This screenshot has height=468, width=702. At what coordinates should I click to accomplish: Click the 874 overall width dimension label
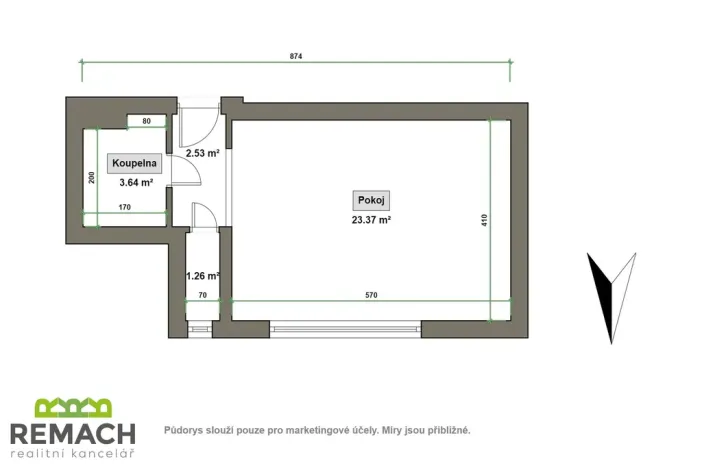click(296, 57)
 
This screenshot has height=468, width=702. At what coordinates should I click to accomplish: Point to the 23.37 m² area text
click(369, 219)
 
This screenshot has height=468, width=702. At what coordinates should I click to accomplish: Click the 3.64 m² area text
click(135, 182)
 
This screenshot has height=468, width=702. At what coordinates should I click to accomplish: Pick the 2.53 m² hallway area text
click(202, 153)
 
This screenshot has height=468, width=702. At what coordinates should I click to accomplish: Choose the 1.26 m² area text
click(202, 275)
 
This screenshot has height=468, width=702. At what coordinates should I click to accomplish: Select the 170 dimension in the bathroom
click(125, 208)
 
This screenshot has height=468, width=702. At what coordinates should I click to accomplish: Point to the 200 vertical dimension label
click(91, 178)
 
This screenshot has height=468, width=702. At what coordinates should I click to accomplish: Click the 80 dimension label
click(146, 121)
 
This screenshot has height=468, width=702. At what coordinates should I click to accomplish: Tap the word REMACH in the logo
click(72, 433)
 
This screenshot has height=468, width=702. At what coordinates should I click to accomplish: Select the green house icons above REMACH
click(73, 408)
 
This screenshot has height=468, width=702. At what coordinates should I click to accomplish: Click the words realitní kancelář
click(72, 454)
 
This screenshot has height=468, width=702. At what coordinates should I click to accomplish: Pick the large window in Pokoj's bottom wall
click(345, 327)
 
